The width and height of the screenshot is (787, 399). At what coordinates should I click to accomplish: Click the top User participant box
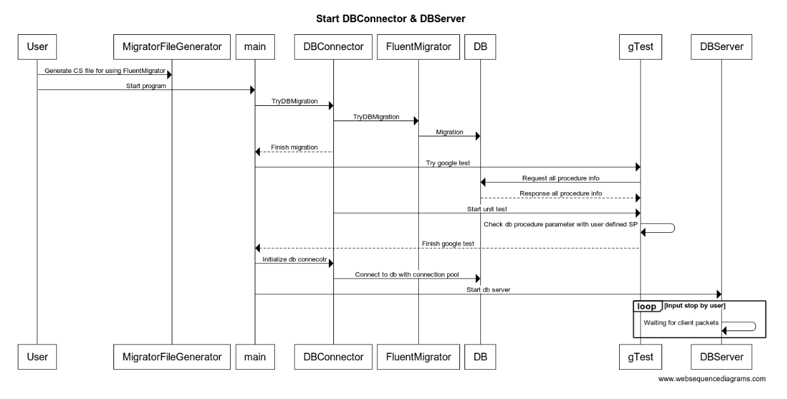point(37,46)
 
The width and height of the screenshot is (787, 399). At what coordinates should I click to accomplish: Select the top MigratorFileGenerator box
point(172,46)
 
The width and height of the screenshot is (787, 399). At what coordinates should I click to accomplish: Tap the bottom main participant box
point(255,357)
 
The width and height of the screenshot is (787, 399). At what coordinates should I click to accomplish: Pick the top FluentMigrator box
point(418,46)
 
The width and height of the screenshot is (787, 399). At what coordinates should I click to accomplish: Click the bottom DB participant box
point(480,357)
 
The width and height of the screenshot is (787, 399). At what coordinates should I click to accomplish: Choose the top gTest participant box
point(640,46)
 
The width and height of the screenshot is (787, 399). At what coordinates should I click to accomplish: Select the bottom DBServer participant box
point(721,357)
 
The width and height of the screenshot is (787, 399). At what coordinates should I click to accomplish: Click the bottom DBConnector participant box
point(333,357)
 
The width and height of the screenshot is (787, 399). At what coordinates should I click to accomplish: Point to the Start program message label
point(145,86)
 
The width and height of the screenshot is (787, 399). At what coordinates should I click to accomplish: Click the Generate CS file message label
point(105,70)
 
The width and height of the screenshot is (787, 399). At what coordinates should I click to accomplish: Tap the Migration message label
point(449,132)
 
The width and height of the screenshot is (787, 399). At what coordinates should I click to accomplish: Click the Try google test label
point(447,163)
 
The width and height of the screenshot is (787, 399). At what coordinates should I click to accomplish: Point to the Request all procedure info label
point(560,178)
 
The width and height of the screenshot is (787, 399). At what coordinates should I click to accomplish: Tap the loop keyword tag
point(646,306)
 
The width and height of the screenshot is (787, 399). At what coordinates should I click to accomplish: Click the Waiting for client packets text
point(681,322)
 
